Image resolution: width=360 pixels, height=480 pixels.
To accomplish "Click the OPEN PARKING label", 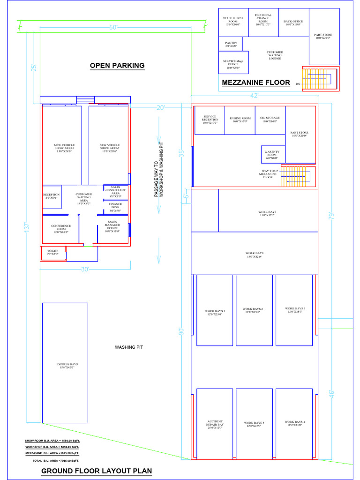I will [117, 66].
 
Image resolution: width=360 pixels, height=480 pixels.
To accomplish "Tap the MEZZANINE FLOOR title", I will [256, 82].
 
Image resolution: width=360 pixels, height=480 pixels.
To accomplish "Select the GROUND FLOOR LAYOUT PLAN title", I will [97, 471].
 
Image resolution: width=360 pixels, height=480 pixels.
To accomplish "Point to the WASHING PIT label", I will [129, 347].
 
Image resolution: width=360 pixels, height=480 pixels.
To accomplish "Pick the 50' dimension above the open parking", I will [113, 28].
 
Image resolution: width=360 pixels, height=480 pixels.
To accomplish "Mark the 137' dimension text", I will [28, 227].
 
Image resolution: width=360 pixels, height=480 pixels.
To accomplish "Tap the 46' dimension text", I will [332, 394].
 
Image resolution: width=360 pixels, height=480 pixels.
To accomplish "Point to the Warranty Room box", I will [272, 154].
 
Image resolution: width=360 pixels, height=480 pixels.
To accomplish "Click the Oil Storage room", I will [270, 120].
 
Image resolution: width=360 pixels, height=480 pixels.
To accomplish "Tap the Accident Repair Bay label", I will [215, 424].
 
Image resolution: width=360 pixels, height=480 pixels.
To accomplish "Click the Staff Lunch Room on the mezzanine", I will [233, 22].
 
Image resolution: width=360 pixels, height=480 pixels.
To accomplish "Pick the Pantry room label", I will [231, 44].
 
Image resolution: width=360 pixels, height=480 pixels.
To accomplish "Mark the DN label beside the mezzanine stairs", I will [298, 84].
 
